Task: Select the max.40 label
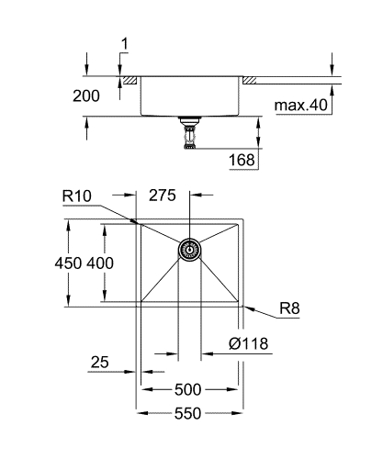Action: (x=299, y=106)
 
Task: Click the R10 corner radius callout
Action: (x=77, y=195)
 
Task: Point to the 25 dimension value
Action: (x=101, y=364)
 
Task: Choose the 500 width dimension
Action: (x=190, y=388)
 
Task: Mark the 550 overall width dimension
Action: (x=190, y=414)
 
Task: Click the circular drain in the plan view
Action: (x=190, y=250)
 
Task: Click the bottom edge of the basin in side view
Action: (x=190, y=115)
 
